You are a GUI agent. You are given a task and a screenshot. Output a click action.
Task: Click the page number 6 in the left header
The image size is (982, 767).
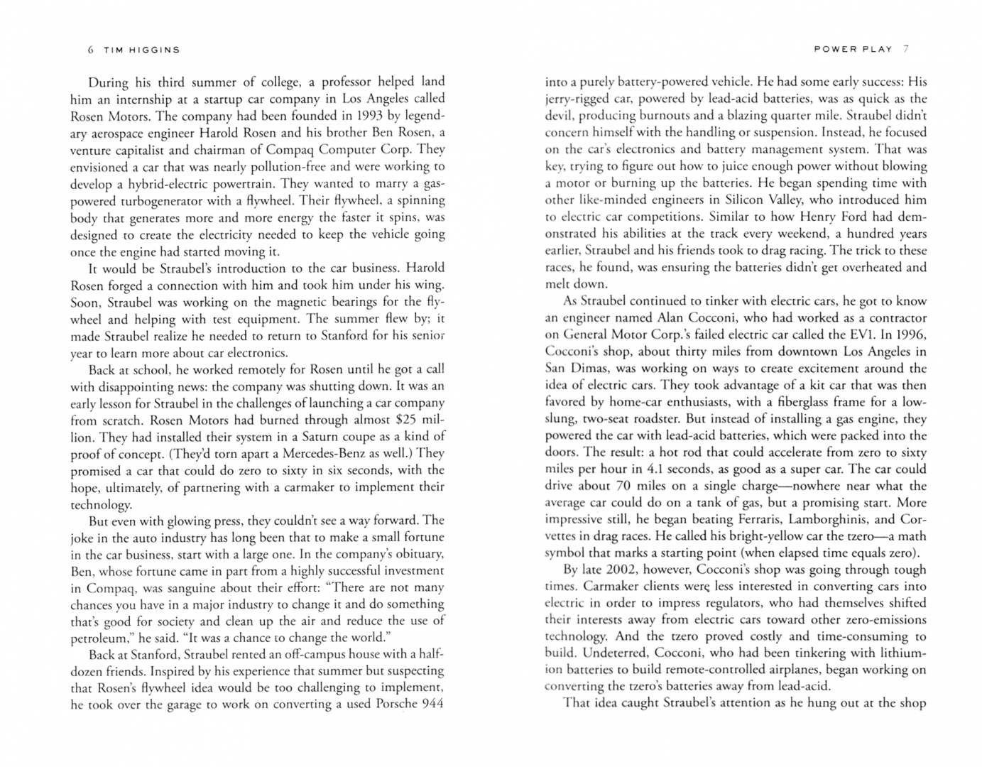pos(90,50)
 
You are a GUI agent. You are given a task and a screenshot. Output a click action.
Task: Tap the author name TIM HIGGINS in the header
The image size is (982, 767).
pos(142,50)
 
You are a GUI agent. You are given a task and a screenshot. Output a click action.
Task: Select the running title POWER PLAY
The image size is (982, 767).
pos(853,49)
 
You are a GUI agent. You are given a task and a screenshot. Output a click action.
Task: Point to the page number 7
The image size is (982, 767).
pos(905,49)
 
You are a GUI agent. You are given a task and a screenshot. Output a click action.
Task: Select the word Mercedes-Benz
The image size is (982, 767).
pos(322,453)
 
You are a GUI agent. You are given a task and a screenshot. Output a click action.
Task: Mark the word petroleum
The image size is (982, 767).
pos(100,638)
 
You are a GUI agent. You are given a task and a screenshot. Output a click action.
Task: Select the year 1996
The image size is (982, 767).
pos(910,334)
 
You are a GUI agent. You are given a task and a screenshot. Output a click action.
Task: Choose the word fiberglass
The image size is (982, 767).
pos(782,402)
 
